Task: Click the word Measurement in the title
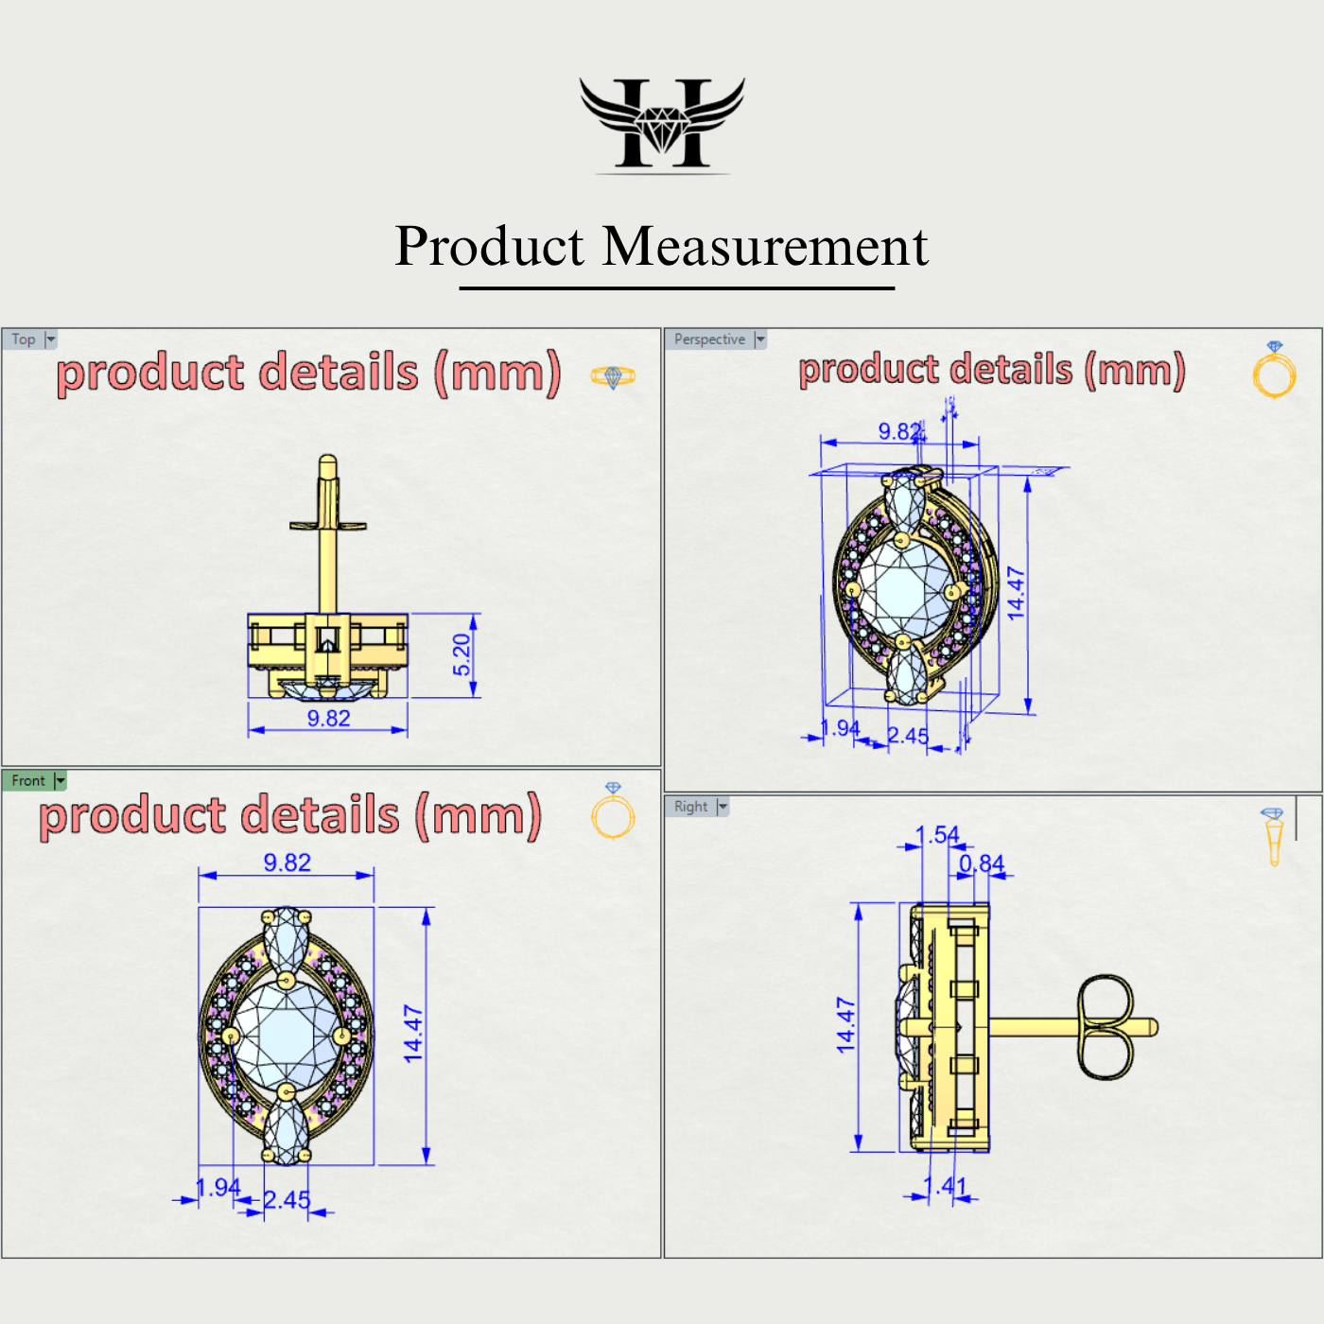(765, 247)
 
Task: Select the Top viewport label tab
(24, 340)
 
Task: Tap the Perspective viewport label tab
(709, 340)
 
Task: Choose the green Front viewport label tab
(28, 780)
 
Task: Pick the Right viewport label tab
(690, 807)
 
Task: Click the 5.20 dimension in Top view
(462, 654)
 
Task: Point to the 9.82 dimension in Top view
(328, 719)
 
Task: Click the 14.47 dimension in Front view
(413, 1034)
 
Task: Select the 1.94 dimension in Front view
(218, 1188)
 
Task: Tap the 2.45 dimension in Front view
(287, 1200)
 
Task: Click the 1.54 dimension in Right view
(937, 835)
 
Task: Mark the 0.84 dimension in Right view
(982, 863)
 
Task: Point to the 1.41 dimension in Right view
(945, 1186)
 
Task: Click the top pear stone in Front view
(286, 940)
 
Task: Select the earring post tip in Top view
(327, 463)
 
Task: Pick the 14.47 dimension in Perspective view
(1016, 593)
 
